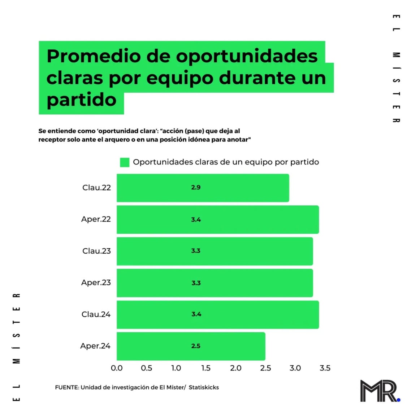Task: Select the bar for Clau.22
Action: [203, 188]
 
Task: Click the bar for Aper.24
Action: [191, 346]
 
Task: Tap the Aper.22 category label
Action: [96, 219]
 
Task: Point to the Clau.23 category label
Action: [96, 251]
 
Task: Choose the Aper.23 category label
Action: [96, 283]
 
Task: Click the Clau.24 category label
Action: [96, 315]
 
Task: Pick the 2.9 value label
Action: [196, 188]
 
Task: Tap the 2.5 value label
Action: [196, 346]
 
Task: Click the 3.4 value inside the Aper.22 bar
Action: [196, 220]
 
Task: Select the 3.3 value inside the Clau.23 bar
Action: [196, 251]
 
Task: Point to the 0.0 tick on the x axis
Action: [117, 368]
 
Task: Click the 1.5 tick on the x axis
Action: [206, 368]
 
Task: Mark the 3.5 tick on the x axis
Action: [325, 368]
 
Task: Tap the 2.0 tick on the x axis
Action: [236, 368]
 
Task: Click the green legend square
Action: [125, 162]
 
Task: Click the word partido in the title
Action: [82, 100]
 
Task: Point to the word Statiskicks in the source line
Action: [204, 387]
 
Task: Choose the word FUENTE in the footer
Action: [67, 387]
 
